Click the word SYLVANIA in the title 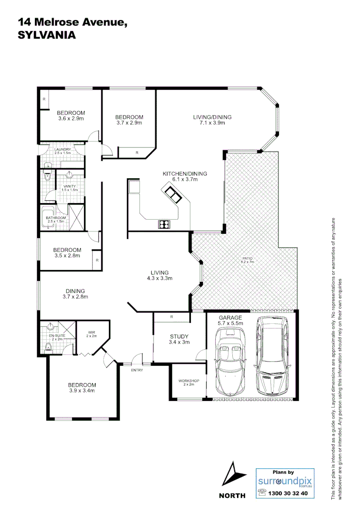46,35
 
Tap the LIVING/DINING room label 212,117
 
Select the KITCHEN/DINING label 185,174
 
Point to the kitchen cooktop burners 164,224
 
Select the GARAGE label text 230,318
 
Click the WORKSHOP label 188,381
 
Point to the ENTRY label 137,370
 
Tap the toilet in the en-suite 48,347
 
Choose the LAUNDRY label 62,149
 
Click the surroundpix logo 285,482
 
